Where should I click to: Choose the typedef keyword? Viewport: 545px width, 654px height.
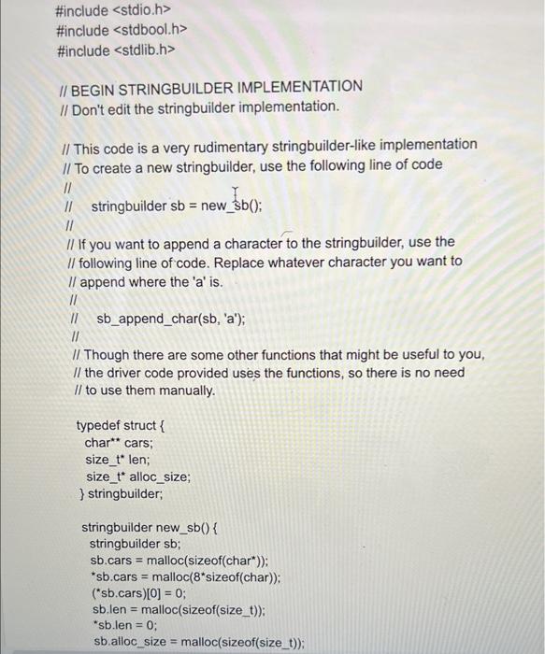click(x=103, y=427)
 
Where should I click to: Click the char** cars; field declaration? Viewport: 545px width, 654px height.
click(x=118, y=443)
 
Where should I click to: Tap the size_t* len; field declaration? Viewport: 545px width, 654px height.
click(x=117, y=460)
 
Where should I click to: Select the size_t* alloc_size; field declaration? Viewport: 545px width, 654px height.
click(x=138, y=476)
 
